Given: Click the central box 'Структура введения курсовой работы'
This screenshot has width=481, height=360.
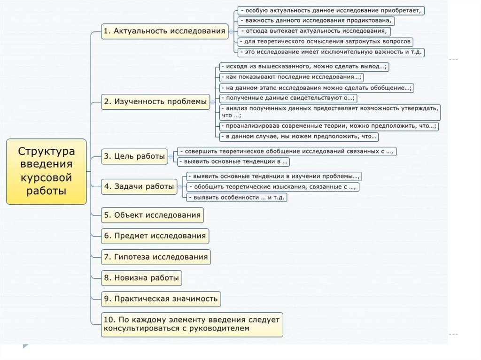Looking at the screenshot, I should [46, 171].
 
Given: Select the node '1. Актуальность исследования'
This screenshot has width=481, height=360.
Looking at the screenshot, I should [164, 31].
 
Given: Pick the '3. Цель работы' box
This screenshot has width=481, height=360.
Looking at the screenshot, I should [135, 156].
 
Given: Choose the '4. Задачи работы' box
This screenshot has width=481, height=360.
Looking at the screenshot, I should [139, 186].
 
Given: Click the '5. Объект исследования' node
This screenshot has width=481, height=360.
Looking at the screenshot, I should [153, 215].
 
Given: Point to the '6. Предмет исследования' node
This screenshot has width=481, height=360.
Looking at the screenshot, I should [155, 236].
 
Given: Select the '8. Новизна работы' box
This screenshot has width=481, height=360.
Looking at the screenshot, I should [141, 278].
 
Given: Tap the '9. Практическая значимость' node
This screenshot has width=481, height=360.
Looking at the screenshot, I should [161, 299].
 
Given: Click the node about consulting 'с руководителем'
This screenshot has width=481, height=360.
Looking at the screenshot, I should [192, 324].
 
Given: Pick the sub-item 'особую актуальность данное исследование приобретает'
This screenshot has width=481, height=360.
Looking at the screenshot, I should [331, 10].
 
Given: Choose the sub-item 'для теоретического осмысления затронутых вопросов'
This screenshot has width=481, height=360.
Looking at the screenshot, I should [325, 42].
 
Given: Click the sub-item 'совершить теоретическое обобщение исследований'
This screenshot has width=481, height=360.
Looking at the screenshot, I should [287, 151].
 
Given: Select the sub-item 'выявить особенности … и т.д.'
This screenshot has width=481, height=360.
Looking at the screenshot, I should [236, 198].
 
